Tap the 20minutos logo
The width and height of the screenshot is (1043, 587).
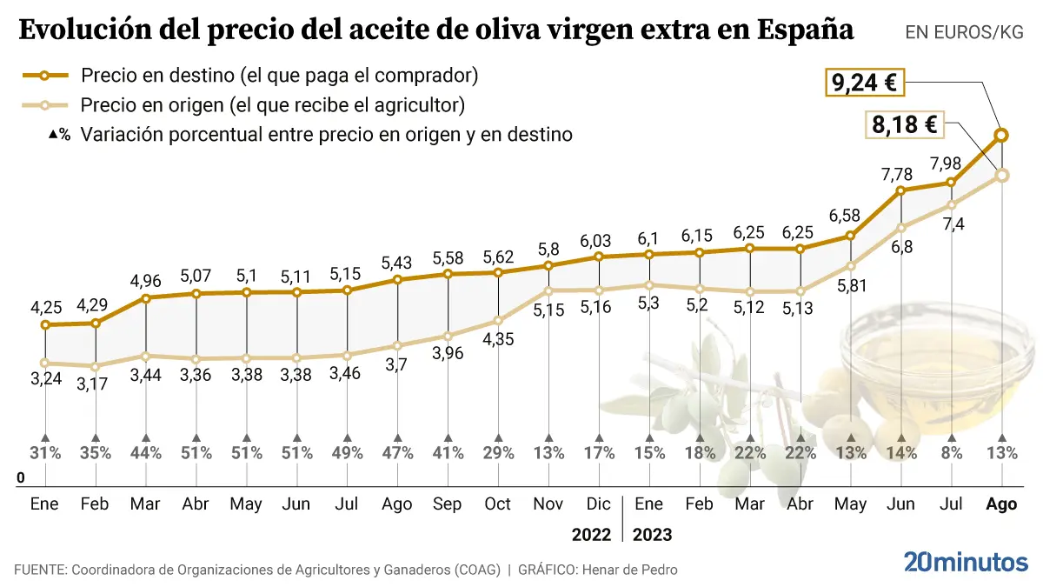click(x=965, y=563)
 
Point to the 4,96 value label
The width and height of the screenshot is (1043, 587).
click(x=146, y=281)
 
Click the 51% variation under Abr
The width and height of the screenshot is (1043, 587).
click(x=196, y=452)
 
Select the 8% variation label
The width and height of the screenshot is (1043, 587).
click(x=953, y=452)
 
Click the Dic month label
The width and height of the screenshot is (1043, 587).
click(x=599, y=505)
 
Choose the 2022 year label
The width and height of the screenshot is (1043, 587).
click(x=591, y=534)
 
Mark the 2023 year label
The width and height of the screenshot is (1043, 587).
click(x=653, y=534)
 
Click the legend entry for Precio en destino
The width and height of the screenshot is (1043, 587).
click(x=279, y=76)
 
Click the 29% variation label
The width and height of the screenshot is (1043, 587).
click(x=498, y=452)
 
